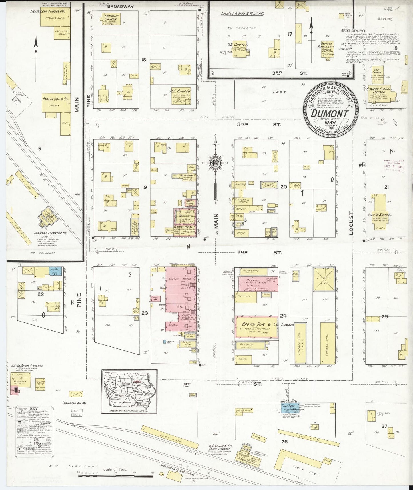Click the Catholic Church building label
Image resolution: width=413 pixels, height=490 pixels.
click(x=110, y=17)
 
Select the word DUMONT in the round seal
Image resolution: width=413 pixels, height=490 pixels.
click(x=330, y=114)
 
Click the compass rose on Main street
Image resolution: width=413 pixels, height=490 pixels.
click(x=215, y=163)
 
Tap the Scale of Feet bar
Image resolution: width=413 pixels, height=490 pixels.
click(x=116, y=475)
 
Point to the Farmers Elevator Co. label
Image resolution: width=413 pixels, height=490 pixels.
click(x=50, y=233)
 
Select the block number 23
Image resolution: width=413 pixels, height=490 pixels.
click(x=145, y=313)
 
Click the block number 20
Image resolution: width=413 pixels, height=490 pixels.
click(x=283, y=187)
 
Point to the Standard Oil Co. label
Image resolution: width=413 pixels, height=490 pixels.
click(x=74, y=403)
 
